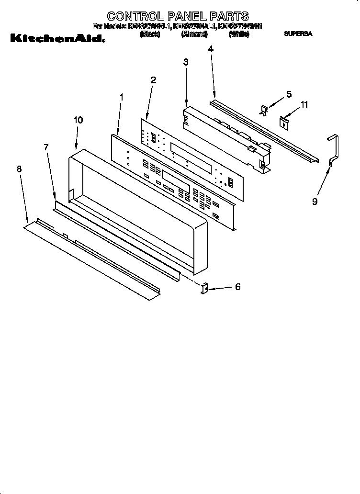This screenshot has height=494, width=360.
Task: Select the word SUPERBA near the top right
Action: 298,34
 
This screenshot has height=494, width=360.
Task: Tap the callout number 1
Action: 121,97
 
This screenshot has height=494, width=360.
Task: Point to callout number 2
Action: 153,80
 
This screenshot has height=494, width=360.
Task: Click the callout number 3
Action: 186,62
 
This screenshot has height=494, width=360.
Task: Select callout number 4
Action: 211,48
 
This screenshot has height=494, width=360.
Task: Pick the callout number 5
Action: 289,94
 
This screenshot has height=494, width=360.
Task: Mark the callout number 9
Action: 315,202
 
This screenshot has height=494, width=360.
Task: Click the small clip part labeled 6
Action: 203,289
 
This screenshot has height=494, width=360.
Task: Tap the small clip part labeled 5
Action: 263,110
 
